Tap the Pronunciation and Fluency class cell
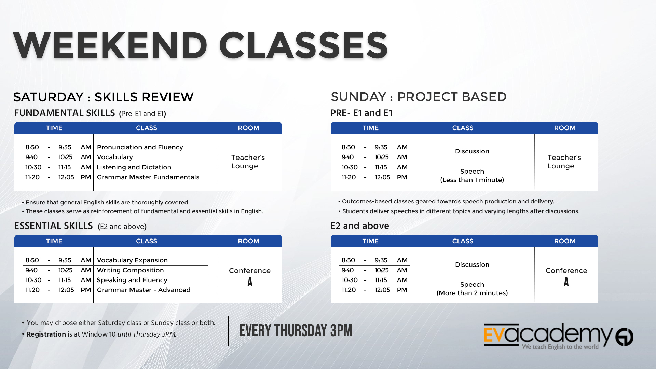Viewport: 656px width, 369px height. pos(140,147)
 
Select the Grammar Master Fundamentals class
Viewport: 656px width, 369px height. pos(148,177)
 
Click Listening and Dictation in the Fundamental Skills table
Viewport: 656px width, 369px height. pos(134,167)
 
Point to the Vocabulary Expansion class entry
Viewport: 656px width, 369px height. pos(132,260)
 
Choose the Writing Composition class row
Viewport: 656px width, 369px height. pos(130,270)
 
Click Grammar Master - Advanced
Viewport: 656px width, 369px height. pos(143,290)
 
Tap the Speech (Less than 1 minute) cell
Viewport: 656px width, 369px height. pos(472,176)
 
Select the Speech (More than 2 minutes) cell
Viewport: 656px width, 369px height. pos(472,289)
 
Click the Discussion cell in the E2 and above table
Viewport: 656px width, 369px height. pos(472,265)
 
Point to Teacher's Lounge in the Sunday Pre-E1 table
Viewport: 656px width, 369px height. pos(564,162)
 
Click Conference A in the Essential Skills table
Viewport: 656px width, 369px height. pos(250,276)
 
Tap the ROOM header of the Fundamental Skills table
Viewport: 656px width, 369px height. pos(248,128)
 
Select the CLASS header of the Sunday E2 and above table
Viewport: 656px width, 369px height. pos(463,241)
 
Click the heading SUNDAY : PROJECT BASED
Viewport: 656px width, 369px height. pos(419,97)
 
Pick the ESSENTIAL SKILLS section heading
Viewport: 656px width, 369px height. pos(53,226)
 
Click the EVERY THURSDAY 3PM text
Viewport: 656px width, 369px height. pos(296,331)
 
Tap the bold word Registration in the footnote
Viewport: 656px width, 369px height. pos(46,334)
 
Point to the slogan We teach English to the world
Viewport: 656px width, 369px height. pos(560,347)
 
